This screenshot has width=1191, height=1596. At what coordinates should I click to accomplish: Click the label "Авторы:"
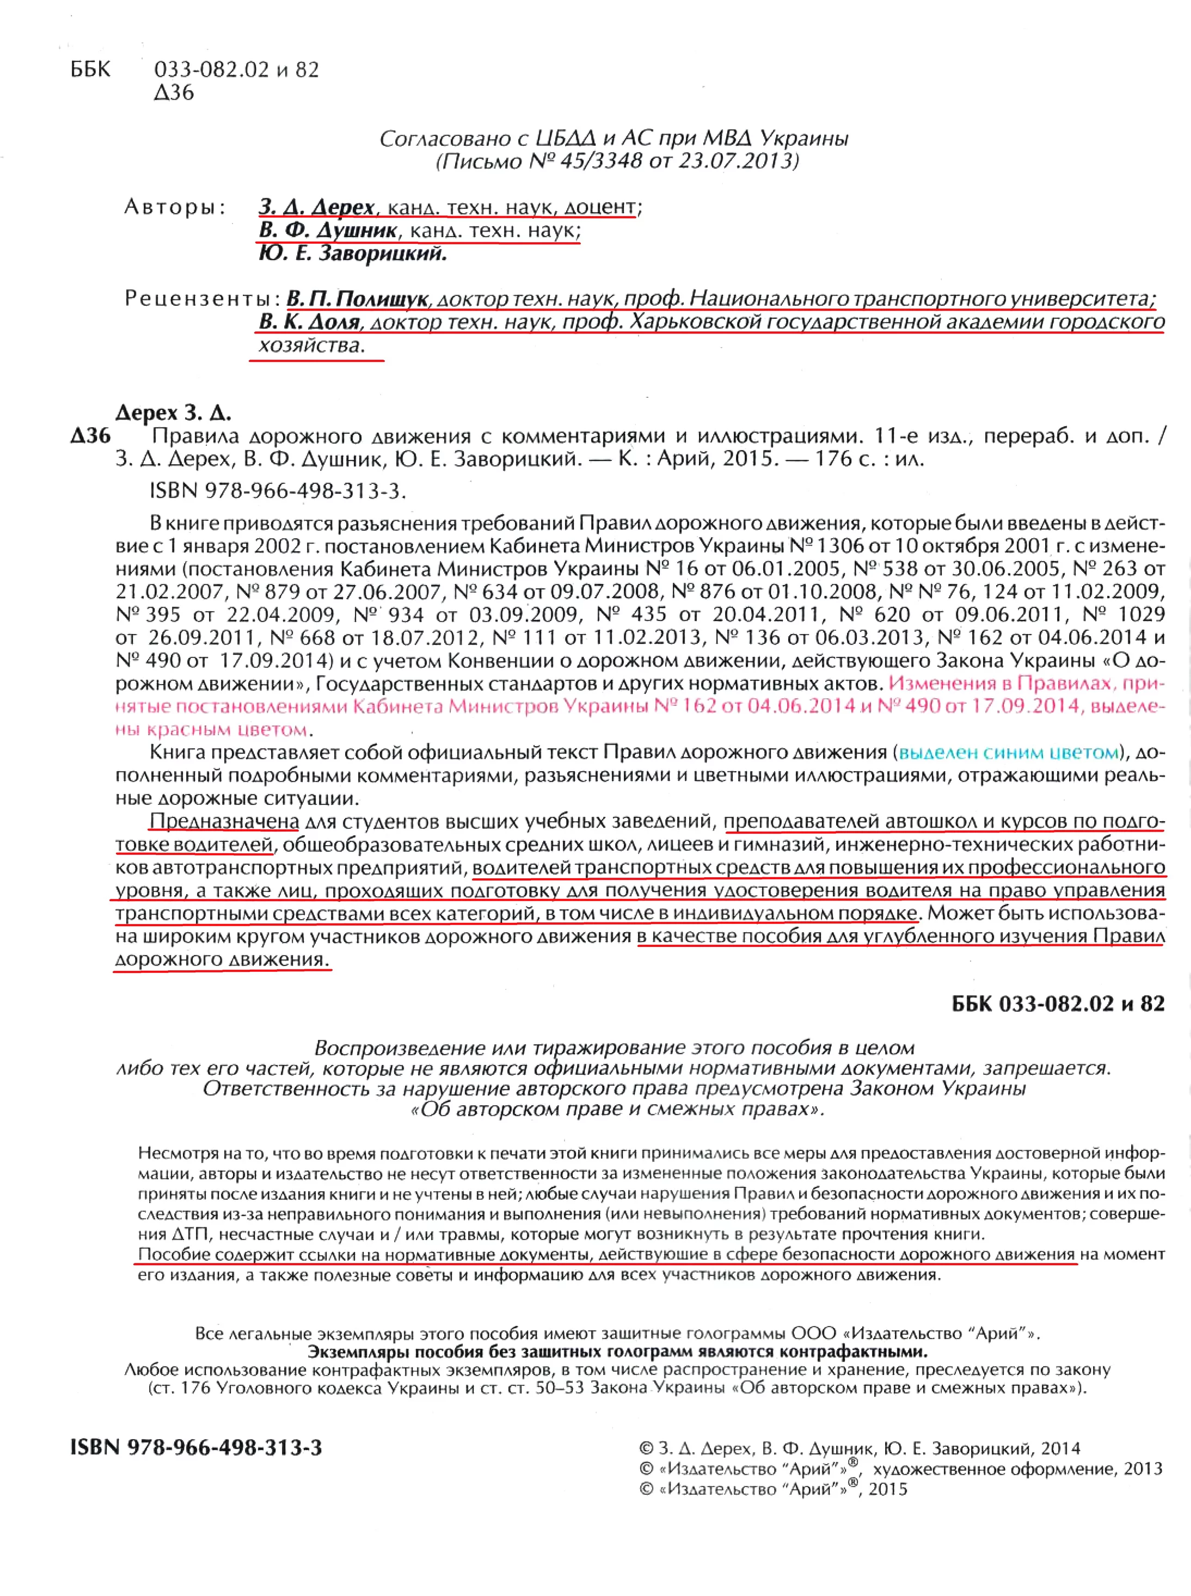(175, 207)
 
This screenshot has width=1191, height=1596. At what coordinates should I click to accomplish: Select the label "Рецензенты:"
(202, 298)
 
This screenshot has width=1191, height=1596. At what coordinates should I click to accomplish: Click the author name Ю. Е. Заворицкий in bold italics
(353, 254)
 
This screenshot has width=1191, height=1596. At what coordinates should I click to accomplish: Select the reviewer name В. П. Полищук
(358, 298)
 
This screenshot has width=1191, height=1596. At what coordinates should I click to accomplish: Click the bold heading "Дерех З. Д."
(173, 413)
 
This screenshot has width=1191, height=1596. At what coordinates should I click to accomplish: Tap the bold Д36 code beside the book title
(91, 436)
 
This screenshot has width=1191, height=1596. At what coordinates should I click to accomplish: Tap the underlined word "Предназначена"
(224, 822)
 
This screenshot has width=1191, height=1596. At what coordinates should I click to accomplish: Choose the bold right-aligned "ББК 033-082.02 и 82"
(1058, 1004)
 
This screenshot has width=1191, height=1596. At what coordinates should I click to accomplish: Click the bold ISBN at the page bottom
(196, 1447)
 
